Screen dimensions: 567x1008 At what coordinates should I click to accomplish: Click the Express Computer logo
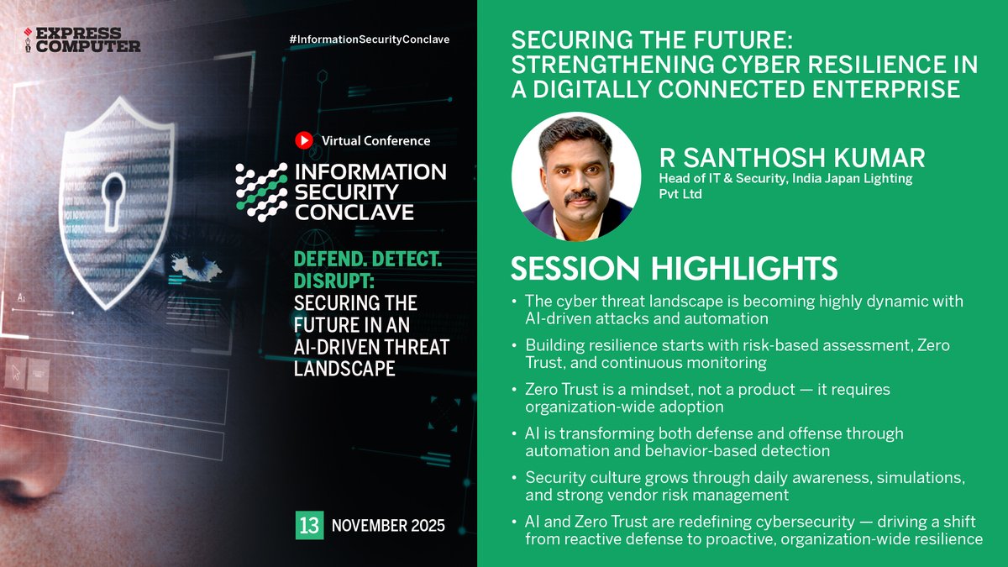81,39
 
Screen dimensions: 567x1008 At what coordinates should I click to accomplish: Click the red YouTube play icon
304,141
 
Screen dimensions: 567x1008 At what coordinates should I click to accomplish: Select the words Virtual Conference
375,141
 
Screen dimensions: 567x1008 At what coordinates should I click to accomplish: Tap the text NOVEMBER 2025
388,527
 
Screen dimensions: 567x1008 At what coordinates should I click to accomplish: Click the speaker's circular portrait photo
575,176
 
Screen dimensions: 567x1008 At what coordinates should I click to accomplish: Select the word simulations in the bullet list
922,478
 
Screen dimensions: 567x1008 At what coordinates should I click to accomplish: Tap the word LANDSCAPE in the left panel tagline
344,369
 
